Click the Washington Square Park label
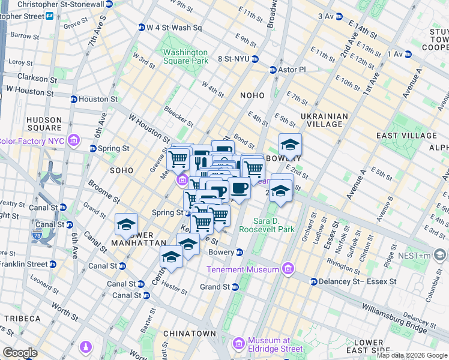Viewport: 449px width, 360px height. point(185,56)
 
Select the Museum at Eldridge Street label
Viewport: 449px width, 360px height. point(276,344)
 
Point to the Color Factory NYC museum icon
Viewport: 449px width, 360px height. point(74,141)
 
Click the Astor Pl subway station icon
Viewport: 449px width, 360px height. point(273,70)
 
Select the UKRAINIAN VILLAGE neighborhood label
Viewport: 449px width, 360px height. point(324,121)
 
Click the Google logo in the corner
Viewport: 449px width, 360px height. point(19,353)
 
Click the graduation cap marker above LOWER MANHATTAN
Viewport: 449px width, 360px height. point(126,224)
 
